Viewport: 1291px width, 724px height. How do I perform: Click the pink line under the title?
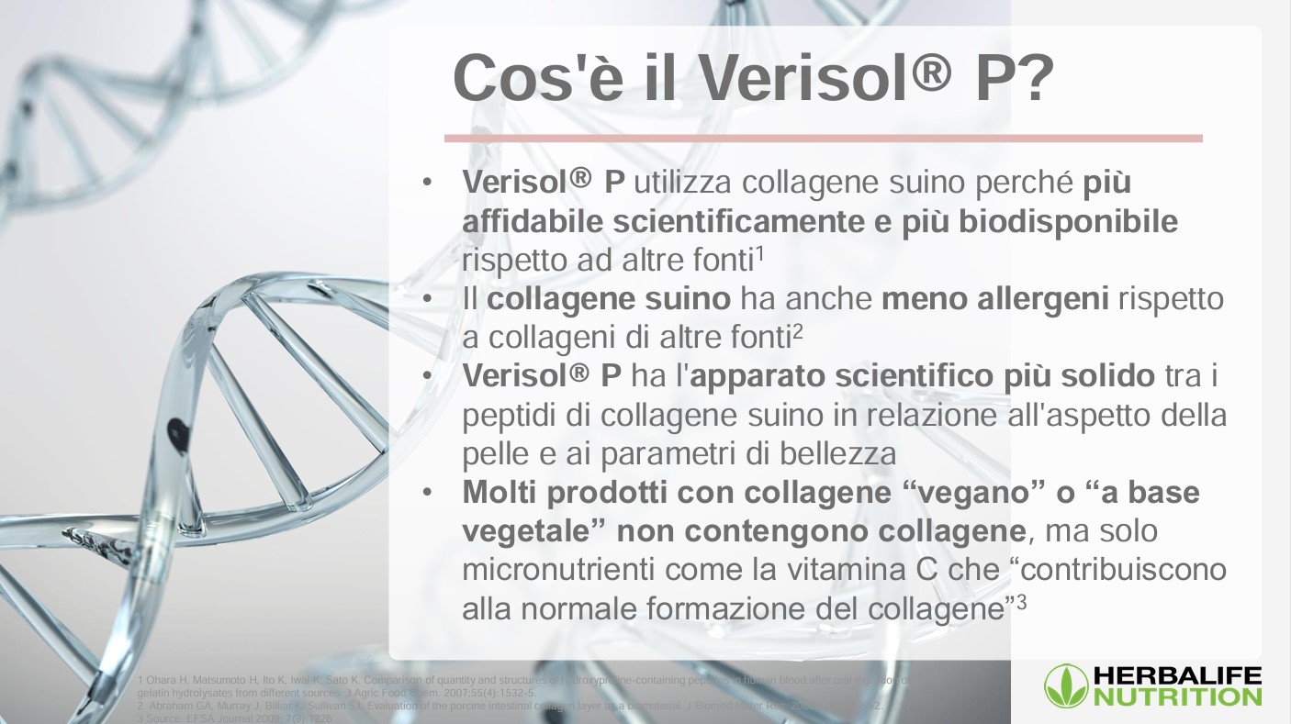(x=823, y=139)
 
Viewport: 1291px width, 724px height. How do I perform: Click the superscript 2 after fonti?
(x=798, y=330)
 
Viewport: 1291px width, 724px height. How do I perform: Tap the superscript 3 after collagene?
(x=1020, y=601)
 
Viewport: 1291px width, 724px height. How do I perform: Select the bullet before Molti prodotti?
(x=427, y=494)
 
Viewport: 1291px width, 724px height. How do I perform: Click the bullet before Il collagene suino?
(x=427, y=300)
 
